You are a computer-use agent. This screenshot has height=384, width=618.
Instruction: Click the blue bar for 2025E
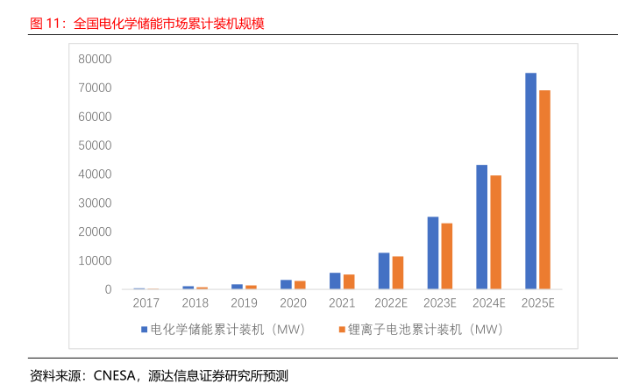(x=530, y=181)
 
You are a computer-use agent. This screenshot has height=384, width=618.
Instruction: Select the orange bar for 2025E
(x=544, y=189)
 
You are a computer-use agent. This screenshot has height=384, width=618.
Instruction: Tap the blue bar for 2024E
(x=481, y=227)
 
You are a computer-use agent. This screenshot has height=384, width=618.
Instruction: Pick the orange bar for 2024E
(x=495, y=232)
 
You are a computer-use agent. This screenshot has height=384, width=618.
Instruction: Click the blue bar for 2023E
(x=433, y=252)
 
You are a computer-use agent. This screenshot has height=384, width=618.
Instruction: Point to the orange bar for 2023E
(x=447, y=256)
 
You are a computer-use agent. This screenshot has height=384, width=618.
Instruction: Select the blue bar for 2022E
(x=384, y=271)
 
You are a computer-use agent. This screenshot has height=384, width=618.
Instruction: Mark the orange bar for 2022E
(x=398, y=273)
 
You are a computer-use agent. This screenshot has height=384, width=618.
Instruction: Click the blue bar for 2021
(x=335, y=281)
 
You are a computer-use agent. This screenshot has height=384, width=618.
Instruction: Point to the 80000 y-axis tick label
(x=95, y=59)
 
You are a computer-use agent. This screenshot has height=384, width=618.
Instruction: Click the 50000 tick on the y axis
(x=95, y=146)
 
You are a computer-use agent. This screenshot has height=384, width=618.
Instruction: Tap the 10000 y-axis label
(x=95, y=260)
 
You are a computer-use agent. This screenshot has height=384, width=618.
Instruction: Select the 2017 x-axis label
(x=146, y=303)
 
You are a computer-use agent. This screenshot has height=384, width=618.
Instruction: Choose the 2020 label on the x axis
(x=293, y=303)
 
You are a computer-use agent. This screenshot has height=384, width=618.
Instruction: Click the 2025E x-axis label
(x=537, y=303)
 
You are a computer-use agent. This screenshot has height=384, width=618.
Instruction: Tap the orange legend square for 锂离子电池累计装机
(x=342, y=330)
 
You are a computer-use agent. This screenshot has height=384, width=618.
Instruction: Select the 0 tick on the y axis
(x=108, y=289)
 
